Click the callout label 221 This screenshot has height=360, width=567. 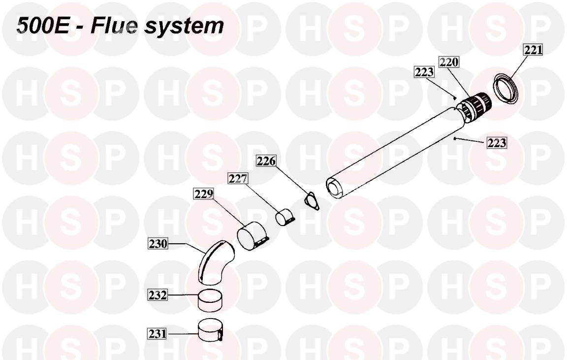tap(534, 50)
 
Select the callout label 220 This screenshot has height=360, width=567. tap(449, 62)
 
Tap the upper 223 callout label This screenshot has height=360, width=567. tap(424, 72)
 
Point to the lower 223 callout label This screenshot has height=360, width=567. tap(497, 142)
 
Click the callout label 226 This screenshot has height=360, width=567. tap(266, 161)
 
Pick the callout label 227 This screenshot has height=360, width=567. tap(238, 178)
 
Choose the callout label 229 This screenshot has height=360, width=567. tap(204, 194)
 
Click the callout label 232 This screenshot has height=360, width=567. tap(158, 295)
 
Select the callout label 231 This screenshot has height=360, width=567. tap(157, 333)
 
